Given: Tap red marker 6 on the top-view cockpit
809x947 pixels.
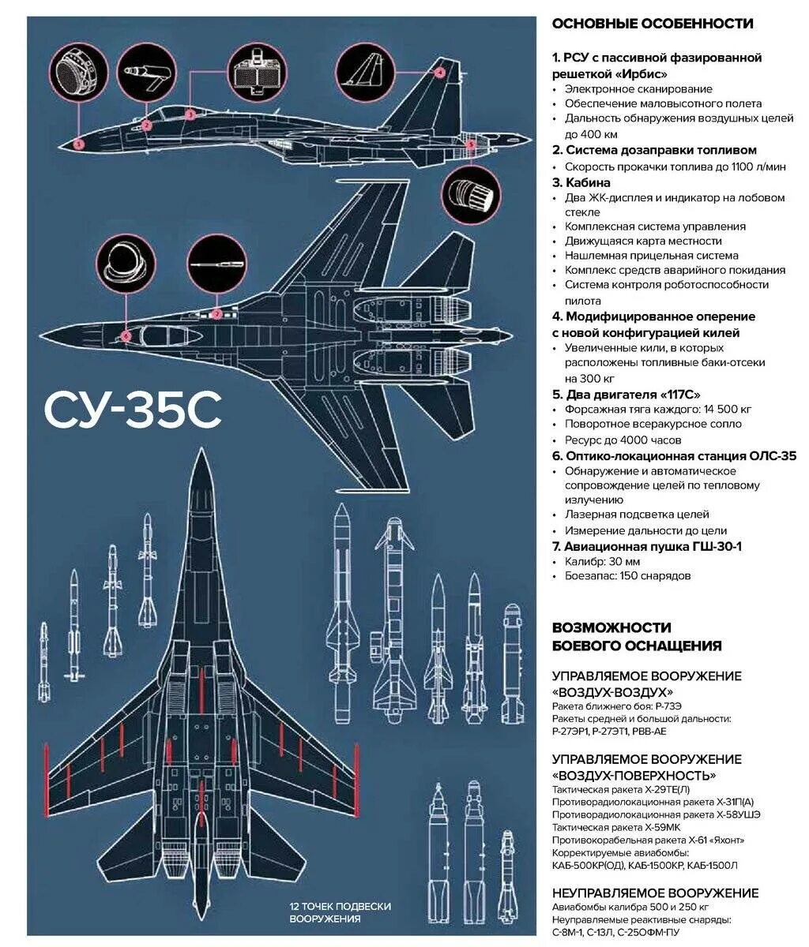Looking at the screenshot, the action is [126, 336].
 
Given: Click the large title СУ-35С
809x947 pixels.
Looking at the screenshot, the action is [133, 410].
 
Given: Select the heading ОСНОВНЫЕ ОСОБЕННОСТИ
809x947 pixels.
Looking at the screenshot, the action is [652, 24].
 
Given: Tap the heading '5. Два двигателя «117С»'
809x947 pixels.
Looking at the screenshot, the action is [627, 394].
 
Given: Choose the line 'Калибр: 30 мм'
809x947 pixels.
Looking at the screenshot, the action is [602, 561].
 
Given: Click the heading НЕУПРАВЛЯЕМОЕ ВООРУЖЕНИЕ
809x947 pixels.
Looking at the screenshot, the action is [655, 893].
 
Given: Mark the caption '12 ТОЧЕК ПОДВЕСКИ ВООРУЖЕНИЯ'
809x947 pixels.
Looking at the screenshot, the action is [340, 912].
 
